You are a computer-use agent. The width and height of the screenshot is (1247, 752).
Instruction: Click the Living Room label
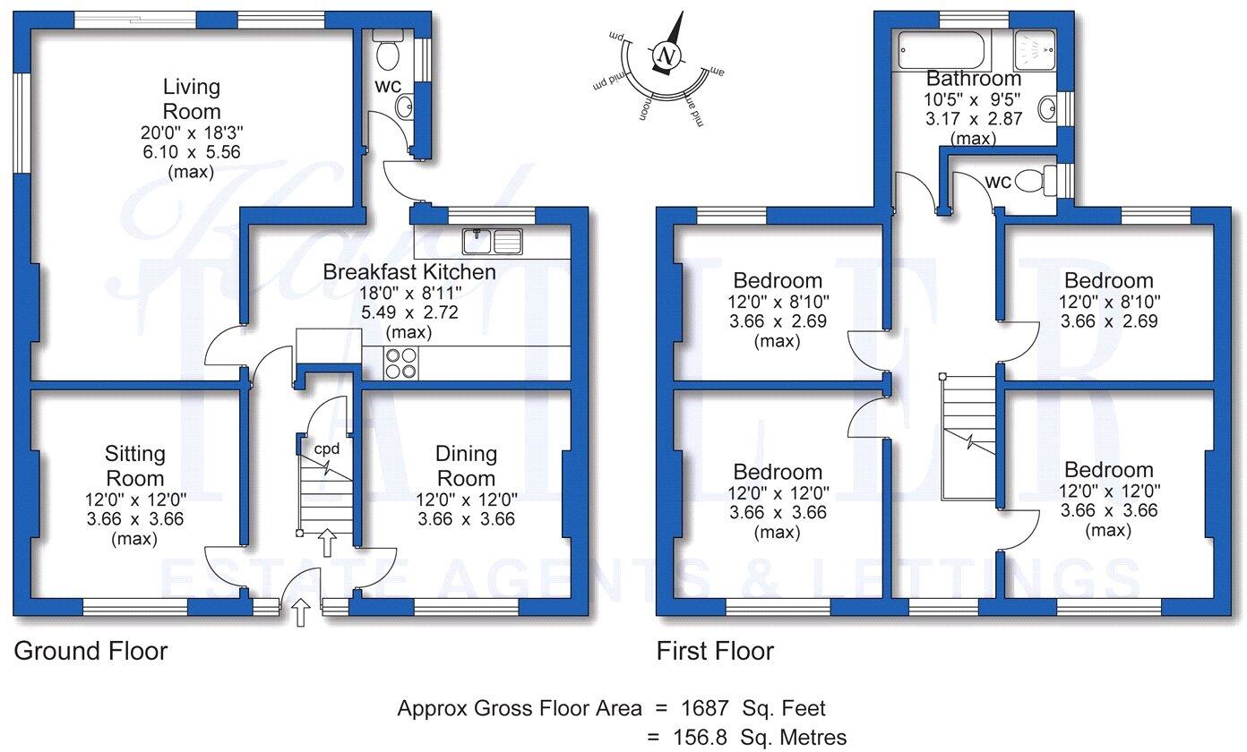click(191, 99)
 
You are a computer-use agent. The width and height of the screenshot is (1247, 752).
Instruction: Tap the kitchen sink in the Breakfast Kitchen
click(493, 241)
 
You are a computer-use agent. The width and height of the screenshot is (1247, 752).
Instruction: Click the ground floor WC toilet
click(388, 54)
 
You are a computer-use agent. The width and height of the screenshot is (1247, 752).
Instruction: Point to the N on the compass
click(666, 55)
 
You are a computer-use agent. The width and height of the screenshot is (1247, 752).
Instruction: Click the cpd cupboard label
click(326, 447)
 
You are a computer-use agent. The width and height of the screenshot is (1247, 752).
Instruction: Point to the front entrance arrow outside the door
click(301, 612)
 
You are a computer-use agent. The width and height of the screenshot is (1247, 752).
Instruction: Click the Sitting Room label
click(135, 466)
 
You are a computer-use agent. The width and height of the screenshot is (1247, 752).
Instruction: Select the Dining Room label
click(466, 466)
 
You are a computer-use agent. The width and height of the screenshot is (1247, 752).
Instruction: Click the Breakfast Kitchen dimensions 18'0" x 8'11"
click(408, 292)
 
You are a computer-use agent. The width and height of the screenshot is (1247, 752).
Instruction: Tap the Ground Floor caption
click(90, 651)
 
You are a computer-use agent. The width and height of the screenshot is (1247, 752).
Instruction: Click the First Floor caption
click(715, 651)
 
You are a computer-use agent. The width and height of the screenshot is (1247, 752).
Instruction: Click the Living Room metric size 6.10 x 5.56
click(191, 152)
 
